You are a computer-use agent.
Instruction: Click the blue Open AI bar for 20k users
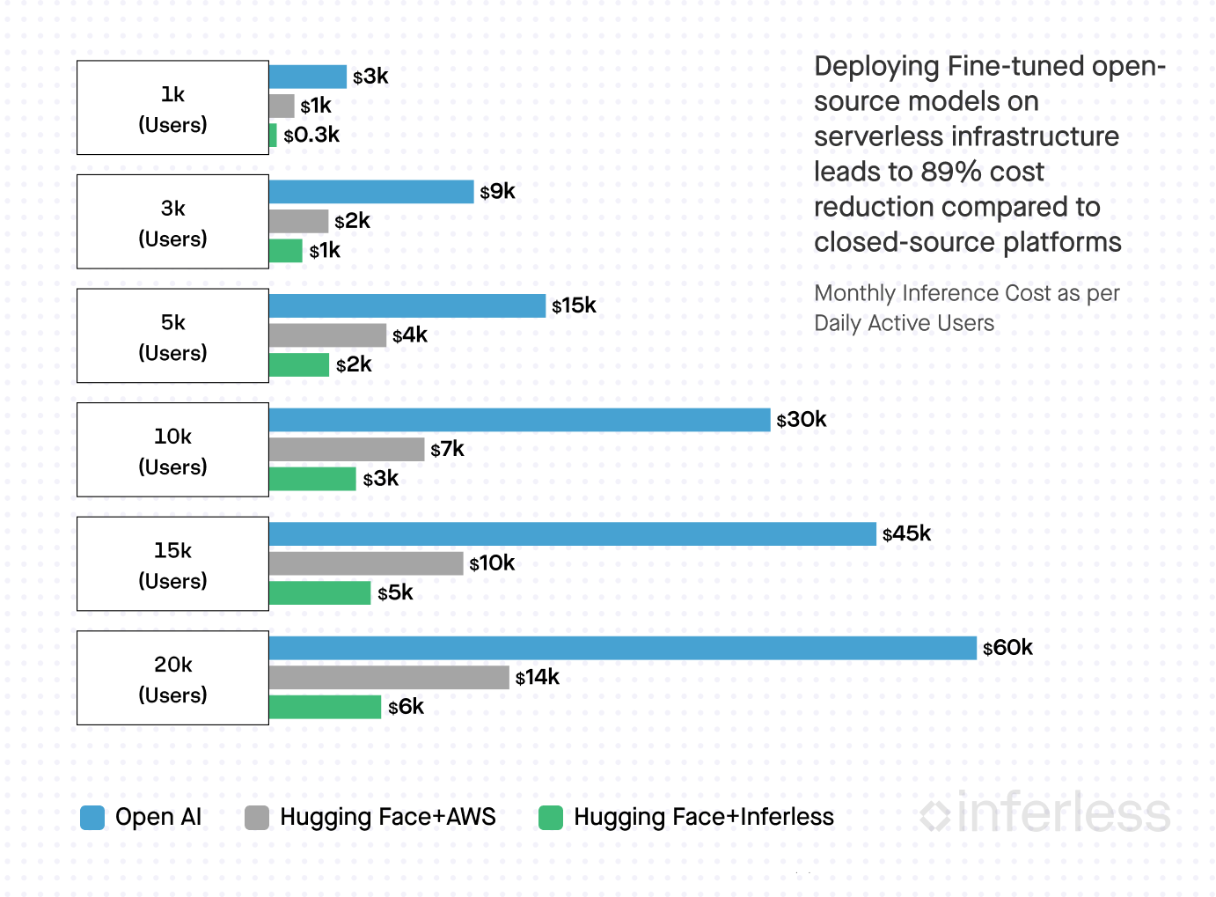622,648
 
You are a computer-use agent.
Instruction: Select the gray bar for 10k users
347,450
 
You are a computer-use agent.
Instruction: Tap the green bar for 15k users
319,593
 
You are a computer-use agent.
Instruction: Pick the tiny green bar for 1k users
273,136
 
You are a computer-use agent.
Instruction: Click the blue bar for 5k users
407,305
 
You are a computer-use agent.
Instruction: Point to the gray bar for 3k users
298,221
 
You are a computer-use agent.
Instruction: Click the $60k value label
1007,648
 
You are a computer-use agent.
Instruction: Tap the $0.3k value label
311,136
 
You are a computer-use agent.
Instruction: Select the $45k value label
906,533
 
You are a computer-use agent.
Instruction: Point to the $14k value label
538,677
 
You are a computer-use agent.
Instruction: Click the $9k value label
498,192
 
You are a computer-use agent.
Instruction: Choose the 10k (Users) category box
172,450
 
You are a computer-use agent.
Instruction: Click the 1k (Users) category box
172,107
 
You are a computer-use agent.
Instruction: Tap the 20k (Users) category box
172,678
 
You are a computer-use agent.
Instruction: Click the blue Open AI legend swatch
92,818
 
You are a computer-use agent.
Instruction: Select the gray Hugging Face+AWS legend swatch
257,818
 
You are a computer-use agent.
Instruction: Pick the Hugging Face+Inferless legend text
703,818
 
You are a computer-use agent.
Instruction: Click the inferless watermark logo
1045,812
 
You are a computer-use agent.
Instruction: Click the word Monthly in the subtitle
849,293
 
